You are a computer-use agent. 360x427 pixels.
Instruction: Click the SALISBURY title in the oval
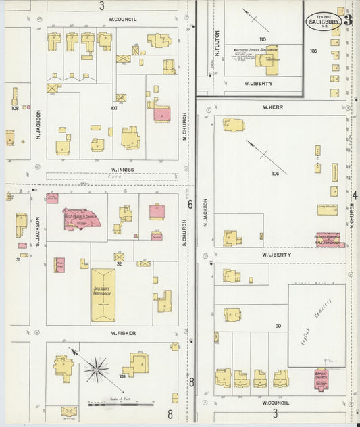[323, 21]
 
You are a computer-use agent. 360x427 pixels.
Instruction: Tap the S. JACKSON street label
[38, 230]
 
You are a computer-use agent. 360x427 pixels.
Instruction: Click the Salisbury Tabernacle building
[103, 294]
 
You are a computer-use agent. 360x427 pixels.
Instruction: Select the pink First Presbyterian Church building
[82, 218]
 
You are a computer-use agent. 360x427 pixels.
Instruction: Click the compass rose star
[97, 369]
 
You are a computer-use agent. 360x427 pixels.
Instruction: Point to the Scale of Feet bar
[122, 405]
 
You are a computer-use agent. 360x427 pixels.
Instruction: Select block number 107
[114, 107]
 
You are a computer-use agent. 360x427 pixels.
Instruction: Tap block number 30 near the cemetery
[278, 326]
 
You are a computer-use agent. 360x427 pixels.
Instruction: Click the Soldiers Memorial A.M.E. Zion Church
[327, 240]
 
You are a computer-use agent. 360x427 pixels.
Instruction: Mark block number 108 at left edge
[14, 107]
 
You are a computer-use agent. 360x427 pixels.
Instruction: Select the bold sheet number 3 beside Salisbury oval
[348, 20]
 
